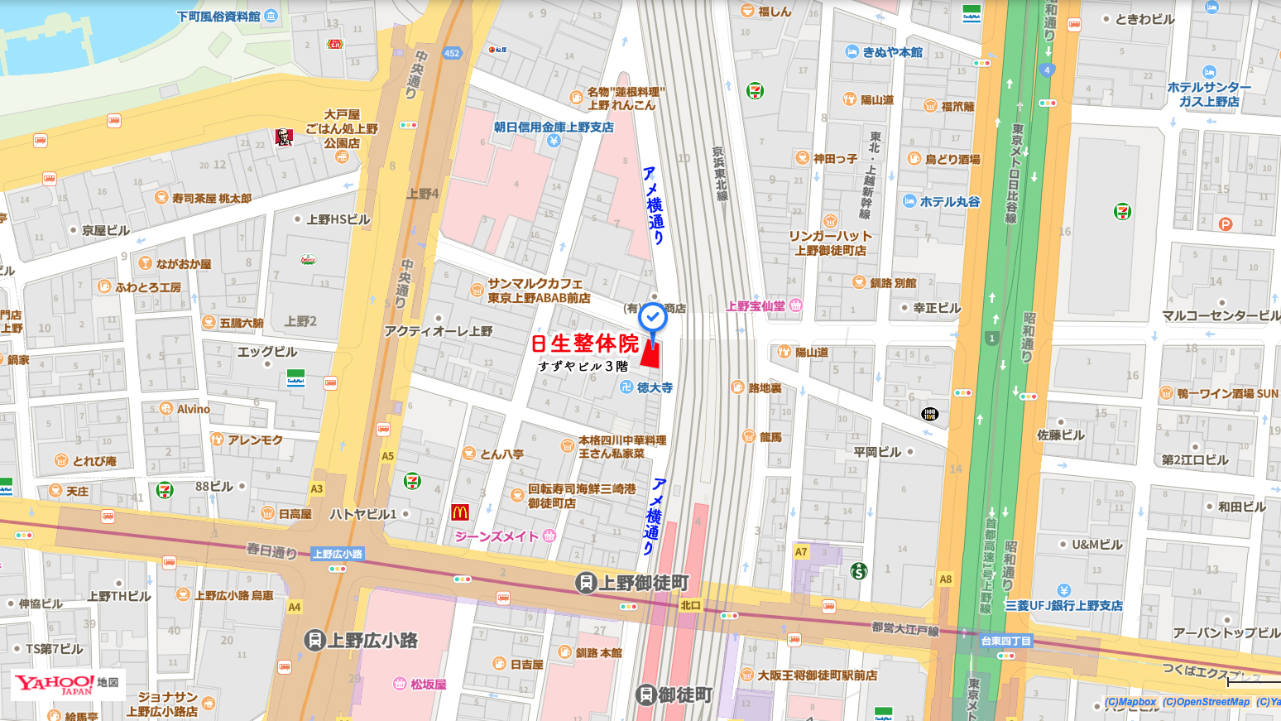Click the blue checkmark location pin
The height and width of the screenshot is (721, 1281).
pyautogui.click(x=653, y=317)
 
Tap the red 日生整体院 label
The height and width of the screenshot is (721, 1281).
pyautogui.click(x=585, y=344)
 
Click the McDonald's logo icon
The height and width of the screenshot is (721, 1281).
pyautogui.click(x=460, y=512)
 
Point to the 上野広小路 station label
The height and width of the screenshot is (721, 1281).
pyautogui.click(x=362, y=640)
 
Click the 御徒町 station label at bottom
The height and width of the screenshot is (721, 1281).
pyautogui.click(x=674, y=695)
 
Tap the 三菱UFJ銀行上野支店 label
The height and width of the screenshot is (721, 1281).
pyautogui.click(x=1063, y=605)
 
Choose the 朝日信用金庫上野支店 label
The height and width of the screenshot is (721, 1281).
pyautogui.click(x=554, y=127)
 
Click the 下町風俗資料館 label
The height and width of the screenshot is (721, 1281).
pyautogui.click(x=218, y=16)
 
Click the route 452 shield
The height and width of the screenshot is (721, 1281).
pyautogui.click(x=452, y=53)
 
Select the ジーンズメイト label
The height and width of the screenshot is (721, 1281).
pyautogui.click(x=497, y=536)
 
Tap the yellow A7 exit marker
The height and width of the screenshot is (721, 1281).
pyautogui.click(x=801, y=551)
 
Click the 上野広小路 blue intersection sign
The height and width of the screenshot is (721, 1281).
pyautogui.click(x=338, y=554)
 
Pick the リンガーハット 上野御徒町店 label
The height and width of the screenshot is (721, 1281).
pyautogui.click(x=830, y=243)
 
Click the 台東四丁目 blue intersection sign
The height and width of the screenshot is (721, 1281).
pyautogui.click(x=1005, y=641)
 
